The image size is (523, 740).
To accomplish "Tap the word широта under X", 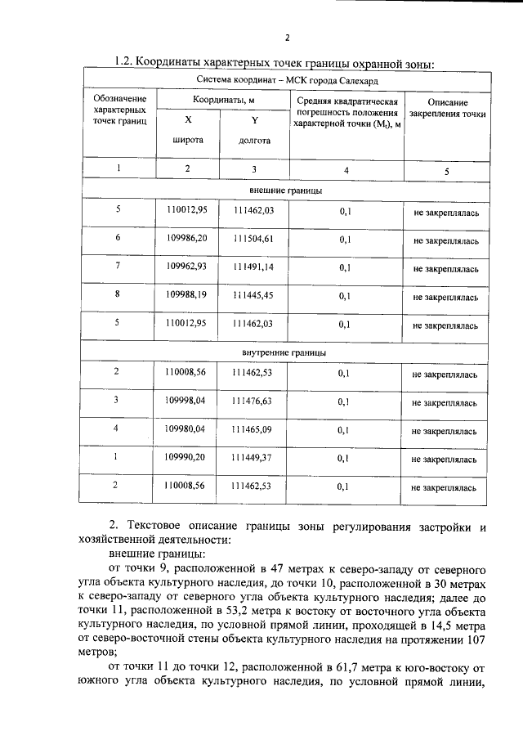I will pyautogui.click(x=187, y=140).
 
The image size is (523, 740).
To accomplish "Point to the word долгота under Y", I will pyautogui.click(x=254, y=140).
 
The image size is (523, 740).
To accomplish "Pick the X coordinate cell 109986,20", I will pyautogui.click(x=186, y=238).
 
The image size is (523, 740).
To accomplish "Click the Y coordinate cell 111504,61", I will pyautogui.click(x=253, y=239).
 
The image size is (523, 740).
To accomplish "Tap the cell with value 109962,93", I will pyautogui.click(x=186, y=267).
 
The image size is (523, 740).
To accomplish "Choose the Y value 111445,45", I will pyautogui.click(x=253, y=294).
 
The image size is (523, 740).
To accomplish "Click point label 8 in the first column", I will pyautogui.click(x=118, y=294).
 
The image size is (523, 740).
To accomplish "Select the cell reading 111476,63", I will pyautogui.click(x=253, y=401).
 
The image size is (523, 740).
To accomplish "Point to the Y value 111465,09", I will pyautogui.click(x=253, y=429).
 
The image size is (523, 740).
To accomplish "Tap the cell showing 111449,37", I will pyautogui.click(x=253, y=458).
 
